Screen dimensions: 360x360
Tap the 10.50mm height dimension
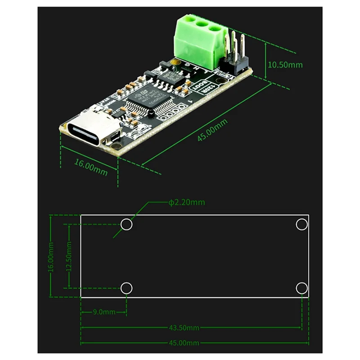(285, 64)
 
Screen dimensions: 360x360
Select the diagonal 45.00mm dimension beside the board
(213, 131)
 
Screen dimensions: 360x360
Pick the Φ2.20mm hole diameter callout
(186, 202)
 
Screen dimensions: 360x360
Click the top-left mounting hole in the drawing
(126, 224)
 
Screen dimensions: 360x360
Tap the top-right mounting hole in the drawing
(301, 224)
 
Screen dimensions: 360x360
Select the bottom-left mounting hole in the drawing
(126, 287)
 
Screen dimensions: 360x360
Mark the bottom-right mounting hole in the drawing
(301, 287)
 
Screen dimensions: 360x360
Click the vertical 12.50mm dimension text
(68, 256)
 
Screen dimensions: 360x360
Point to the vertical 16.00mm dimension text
(51, 256)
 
